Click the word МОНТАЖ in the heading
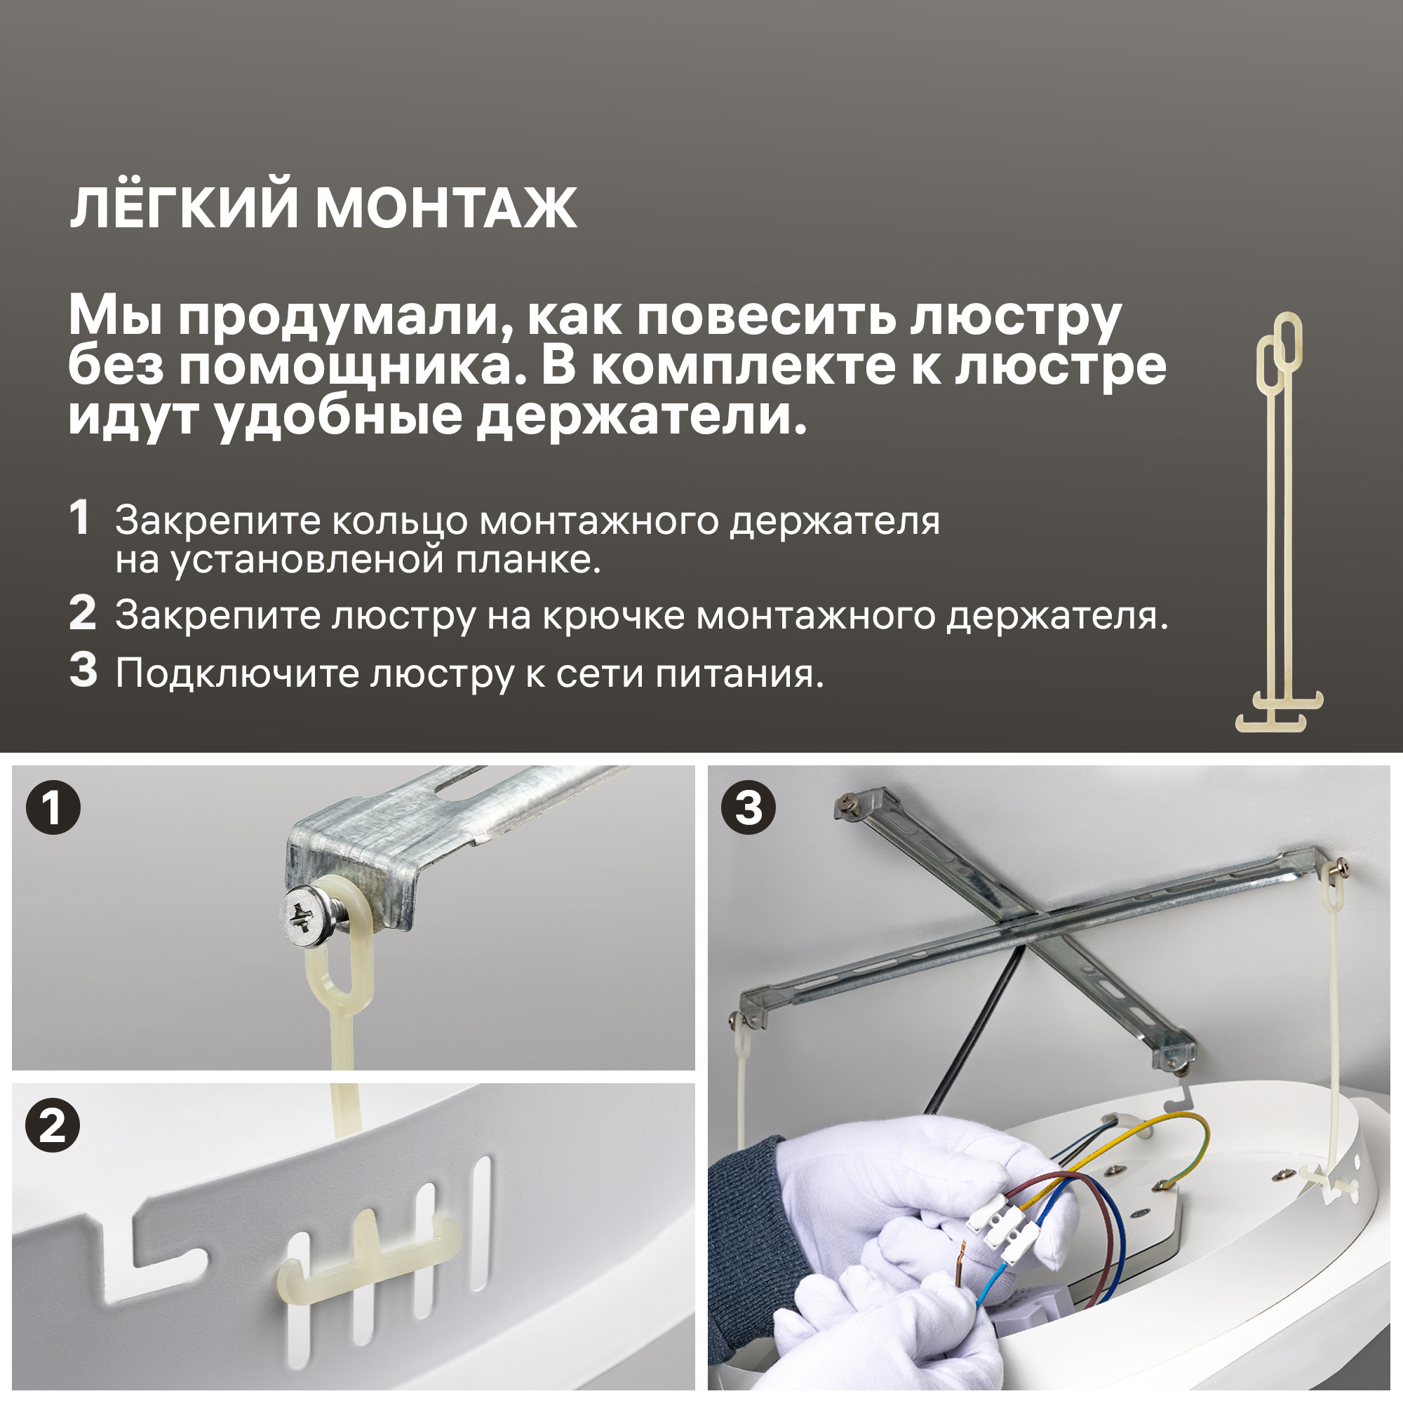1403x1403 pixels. tap(446, 208)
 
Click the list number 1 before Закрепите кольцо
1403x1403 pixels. tap(80, 518)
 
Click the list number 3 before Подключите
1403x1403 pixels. tap(83, 670)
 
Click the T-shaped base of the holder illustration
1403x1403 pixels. tap(1278, 711)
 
